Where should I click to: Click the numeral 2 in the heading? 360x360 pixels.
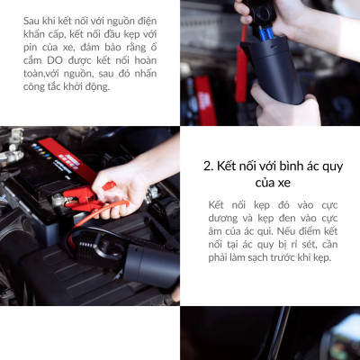pyautogui.click(x=209, y=166)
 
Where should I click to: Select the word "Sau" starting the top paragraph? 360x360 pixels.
pyautogui.click(x=33, y=19)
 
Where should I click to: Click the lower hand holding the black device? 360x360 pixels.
pyautogui.click(x=288, y=108)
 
